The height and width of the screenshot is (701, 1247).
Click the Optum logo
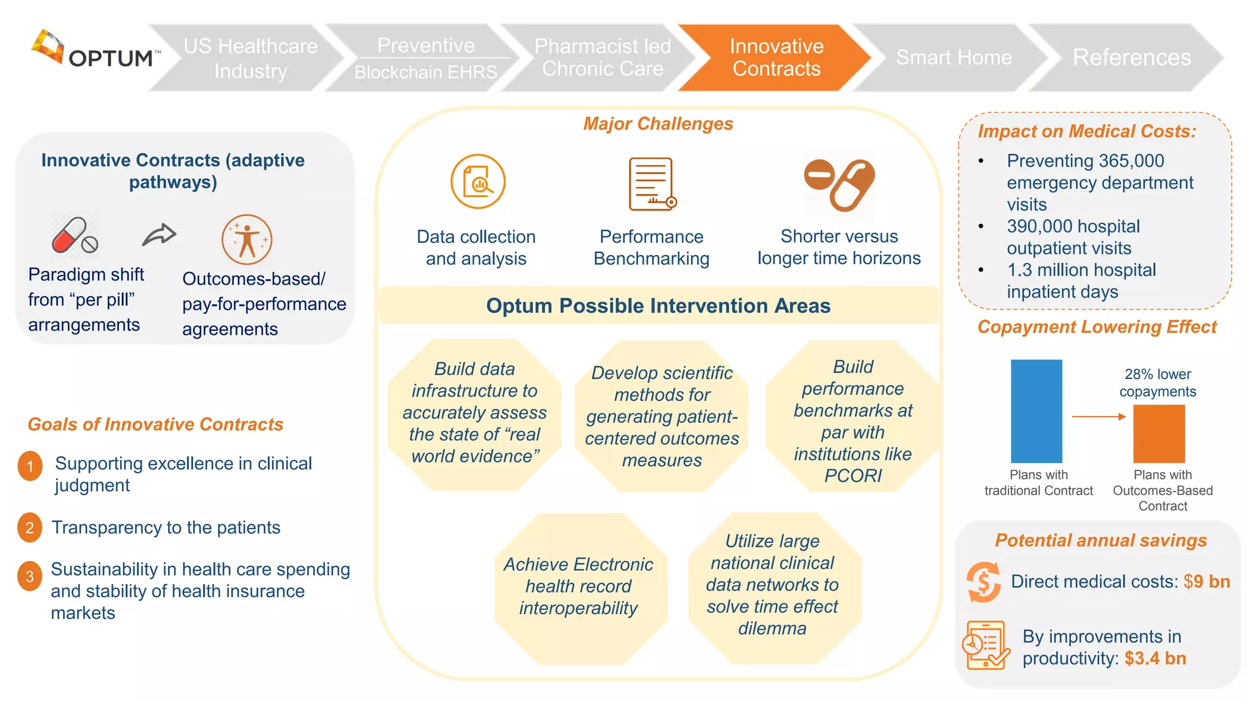[94, 50]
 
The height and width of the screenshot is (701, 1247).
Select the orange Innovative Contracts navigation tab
[776, 57]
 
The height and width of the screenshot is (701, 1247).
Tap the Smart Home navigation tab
[953, 57]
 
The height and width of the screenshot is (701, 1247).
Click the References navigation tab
[1131, 57]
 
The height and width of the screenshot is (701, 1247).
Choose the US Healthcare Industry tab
[250, 58]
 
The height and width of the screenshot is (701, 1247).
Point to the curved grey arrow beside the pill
[159, 234]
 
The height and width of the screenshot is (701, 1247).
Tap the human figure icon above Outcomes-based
[247, 239]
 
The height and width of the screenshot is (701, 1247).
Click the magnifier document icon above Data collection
[478, 181]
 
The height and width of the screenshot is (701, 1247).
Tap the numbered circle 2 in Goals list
[30, 528]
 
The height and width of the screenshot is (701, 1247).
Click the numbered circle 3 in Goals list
[30, 576]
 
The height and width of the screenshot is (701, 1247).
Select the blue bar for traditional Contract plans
[1036, 411]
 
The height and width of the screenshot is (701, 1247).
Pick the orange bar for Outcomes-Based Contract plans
[1159, 433]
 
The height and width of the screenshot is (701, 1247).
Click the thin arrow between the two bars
[1098, 417]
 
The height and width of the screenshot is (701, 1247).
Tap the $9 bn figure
[1206, 582]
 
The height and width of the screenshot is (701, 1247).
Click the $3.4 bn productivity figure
[1155, 658]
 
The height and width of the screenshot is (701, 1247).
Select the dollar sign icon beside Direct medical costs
[983, 582]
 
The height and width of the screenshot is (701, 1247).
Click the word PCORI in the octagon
[852, 476]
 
